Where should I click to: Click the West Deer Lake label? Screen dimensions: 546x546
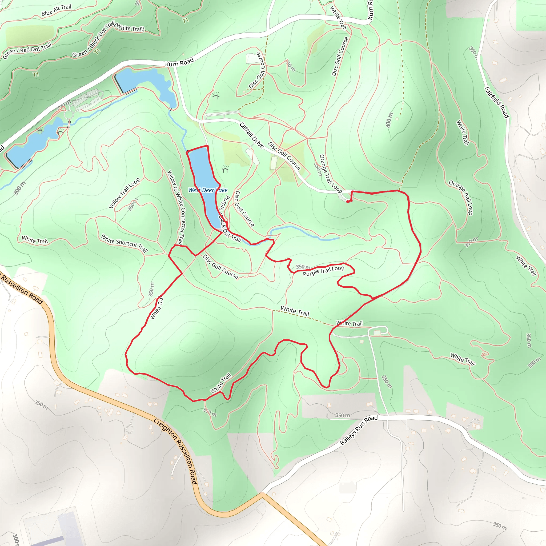coord(208,190)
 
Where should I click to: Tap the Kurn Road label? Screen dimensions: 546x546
coord(179,62)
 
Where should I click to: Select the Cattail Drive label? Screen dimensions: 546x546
coord(251,135)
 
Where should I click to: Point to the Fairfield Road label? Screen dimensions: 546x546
coord(496,102)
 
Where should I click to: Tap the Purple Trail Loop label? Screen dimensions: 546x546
coord(323,271)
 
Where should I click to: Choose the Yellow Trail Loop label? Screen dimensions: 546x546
coord(124,193)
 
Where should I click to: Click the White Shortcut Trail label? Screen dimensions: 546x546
coord(124,243)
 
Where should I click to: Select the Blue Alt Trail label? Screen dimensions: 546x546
coord(56,10)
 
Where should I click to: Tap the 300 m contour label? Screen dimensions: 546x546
coord(19,188)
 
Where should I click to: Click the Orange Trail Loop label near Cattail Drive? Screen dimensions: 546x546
coord(330,174)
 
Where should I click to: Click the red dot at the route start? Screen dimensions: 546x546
coord(348,202)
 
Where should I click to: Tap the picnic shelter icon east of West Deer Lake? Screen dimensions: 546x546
coord(225,169)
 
